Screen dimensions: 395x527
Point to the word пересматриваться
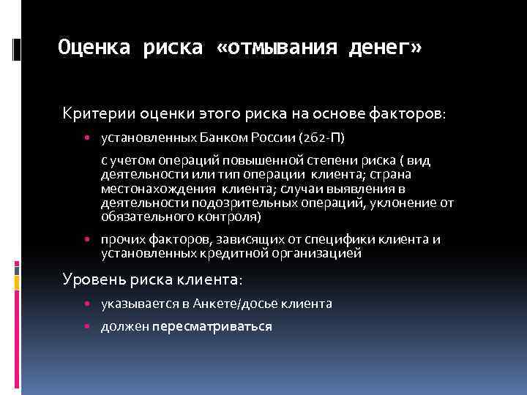pyautogui.click(x=212, y=326)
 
